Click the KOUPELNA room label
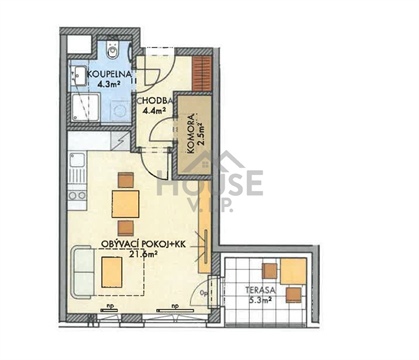coord(105,75)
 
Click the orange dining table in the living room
coord(125,204)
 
